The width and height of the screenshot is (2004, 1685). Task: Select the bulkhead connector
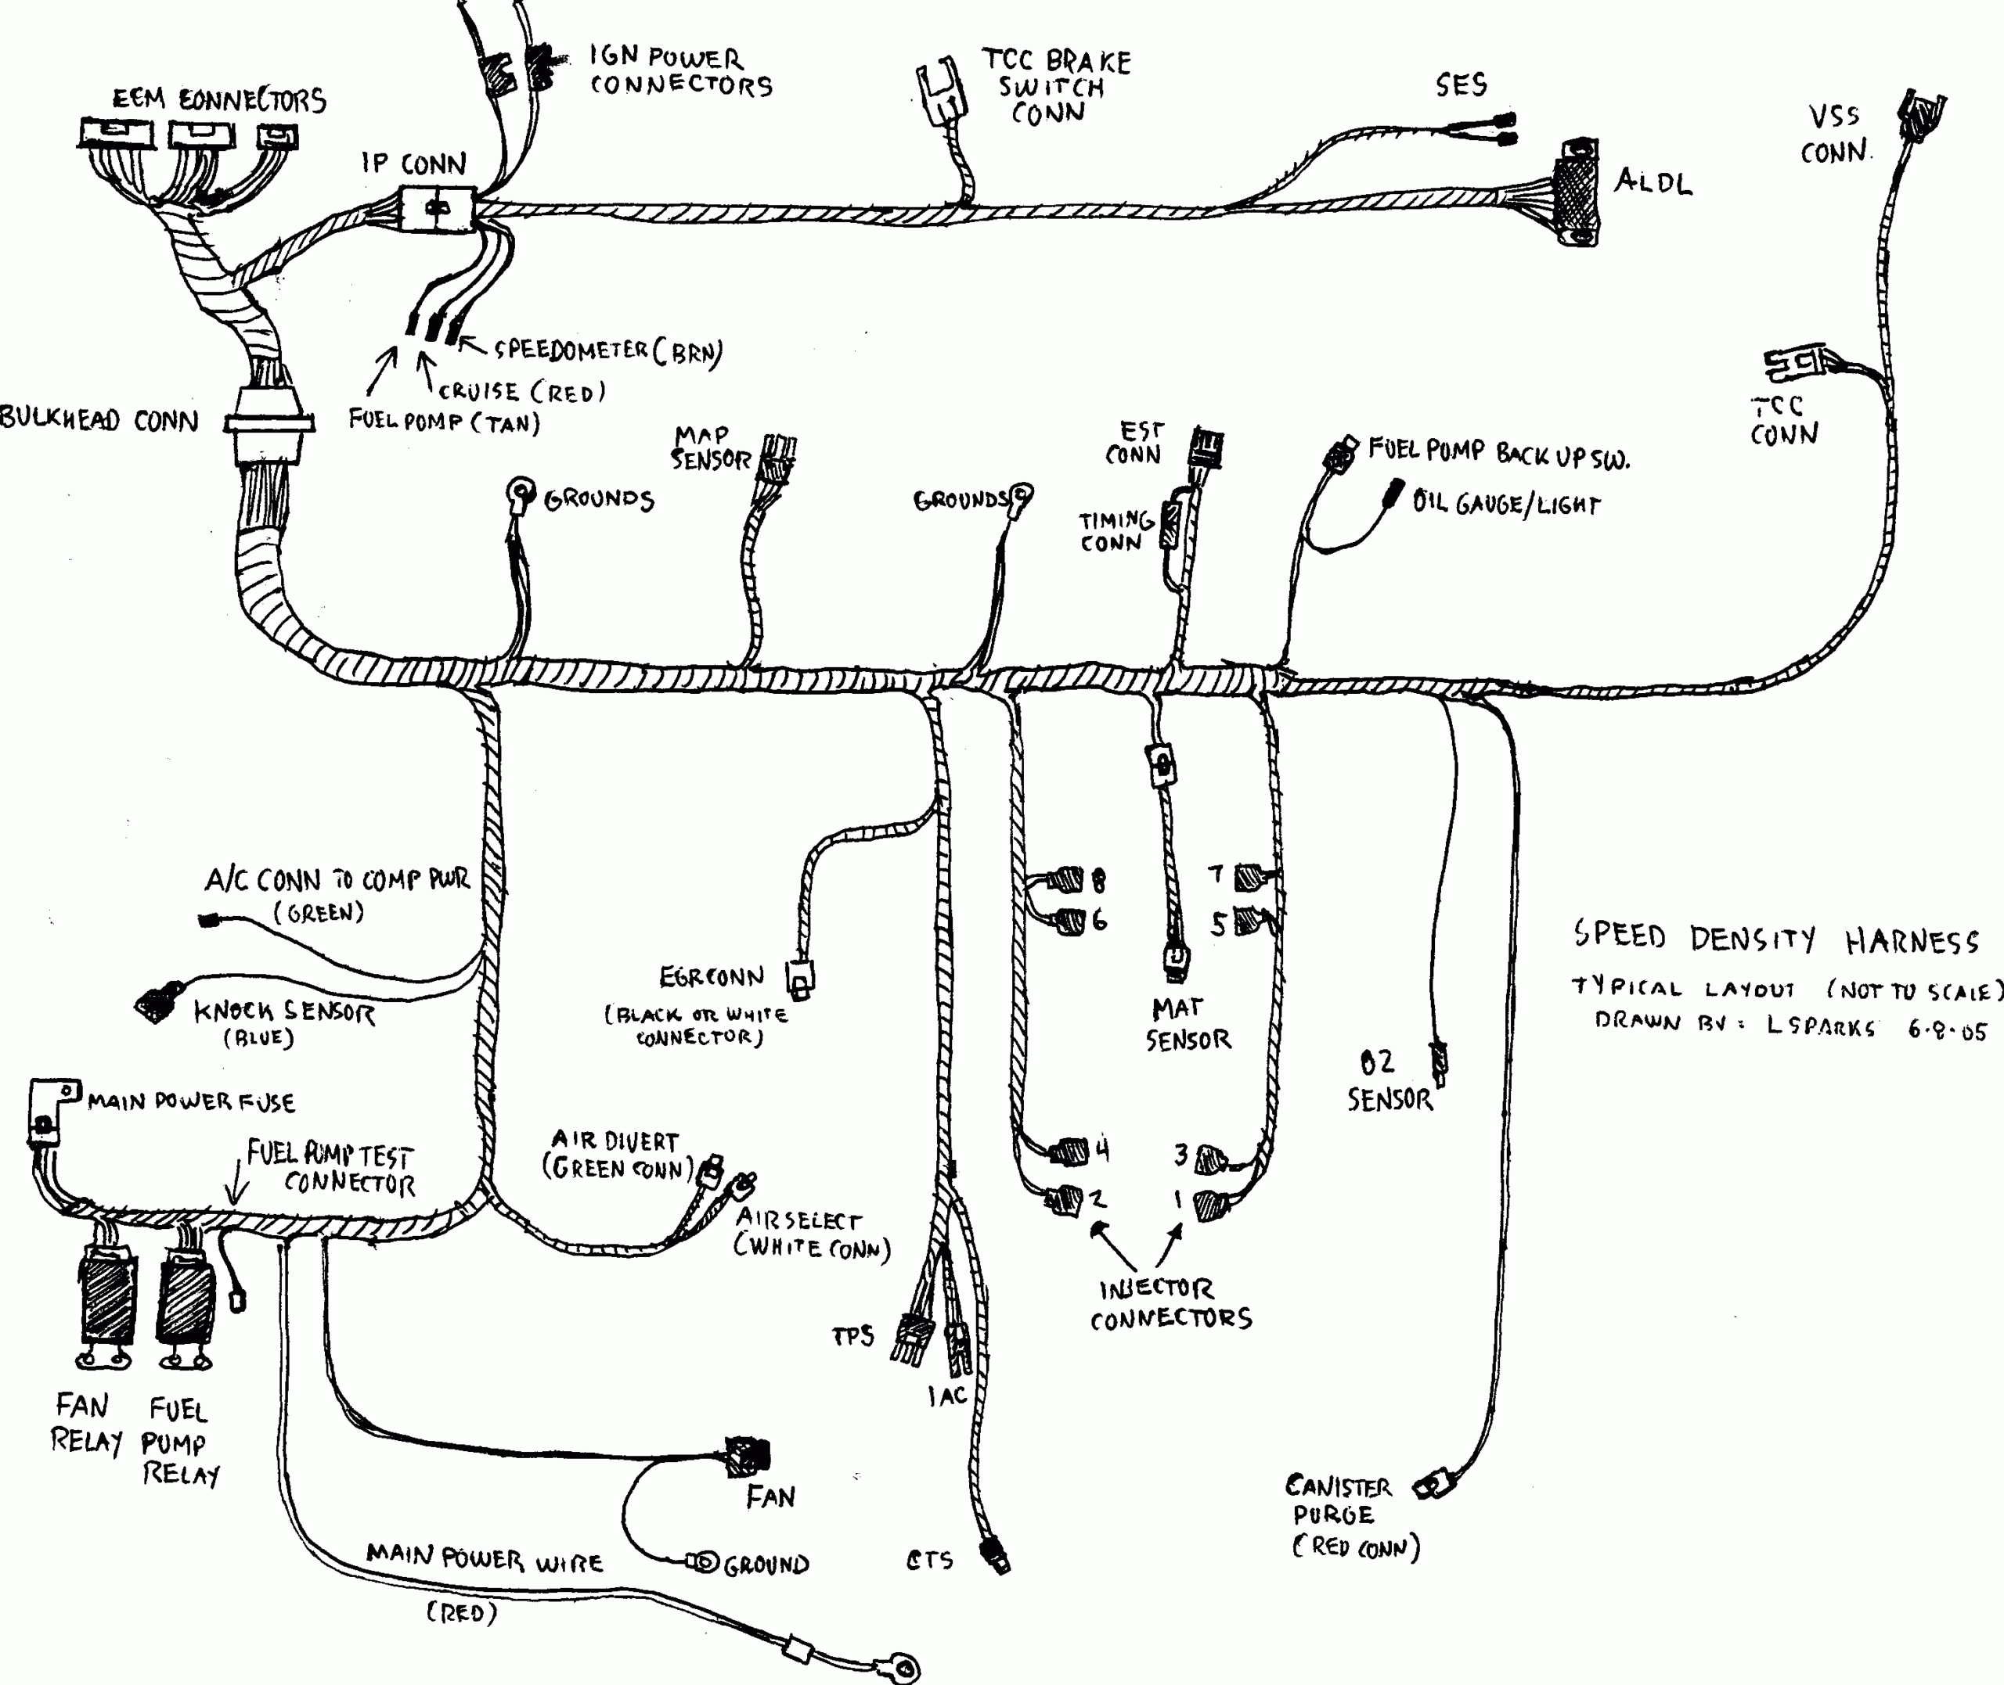(x=269, y=424)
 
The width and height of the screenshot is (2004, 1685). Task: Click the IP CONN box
(x=437, y=208)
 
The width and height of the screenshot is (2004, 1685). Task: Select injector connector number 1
(x=1208, y=1205)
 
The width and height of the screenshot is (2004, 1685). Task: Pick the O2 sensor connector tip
(x=1438, y=1060)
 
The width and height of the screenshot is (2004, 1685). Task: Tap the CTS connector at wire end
(x=996, y=1555)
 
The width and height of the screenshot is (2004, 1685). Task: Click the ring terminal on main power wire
(x=901, y=1667)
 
